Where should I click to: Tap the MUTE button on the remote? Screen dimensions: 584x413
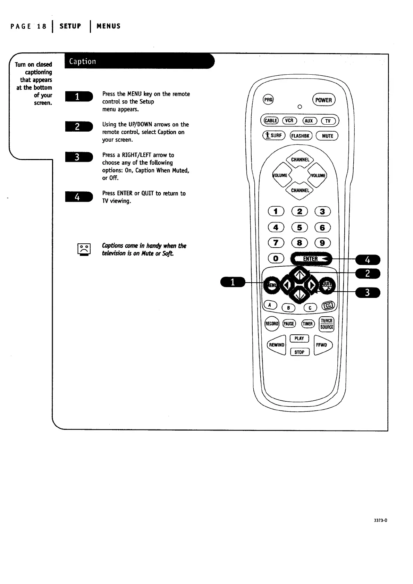coord(327,136)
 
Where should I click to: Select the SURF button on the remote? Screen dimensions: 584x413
coord(274,135)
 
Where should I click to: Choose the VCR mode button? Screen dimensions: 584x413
coord(289,120)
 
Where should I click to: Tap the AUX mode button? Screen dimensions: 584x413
coord(309,121)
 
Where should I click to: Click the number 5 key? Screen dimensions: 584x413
coord(300,227)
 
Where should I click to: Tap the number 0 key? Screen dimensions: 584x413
coord(276,258)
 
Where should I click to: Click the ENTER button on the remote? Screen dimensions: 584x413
coord(311,259)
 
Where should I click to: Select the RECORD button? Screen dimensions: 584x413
coord(272,324)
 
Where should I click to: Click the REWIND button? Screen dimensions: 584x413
coord(277,345)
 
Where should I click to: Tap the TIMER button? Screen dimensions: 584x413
coord(308,324)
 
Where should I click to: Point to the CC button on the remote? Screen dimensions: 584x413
coord(328,305)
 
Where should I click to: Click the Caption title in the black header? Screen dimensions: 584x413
coord(83,61)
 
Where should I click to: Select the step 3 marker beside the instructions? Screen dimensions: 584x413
coord(78,157)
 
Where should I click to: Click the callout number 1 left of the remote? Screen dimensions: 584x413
coord(233,282)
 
